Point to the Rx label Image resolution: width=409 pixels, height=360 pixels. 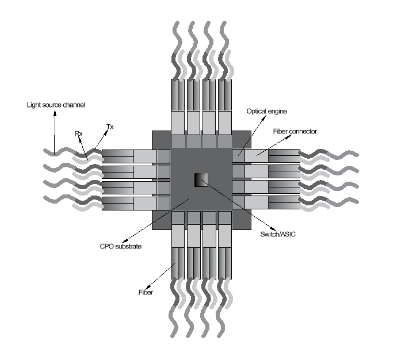coord(79,133)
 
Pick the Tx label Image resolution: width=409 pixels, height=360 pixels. coord(110,127)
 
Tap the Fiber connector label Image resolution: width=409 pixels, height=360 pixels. coord(295,131)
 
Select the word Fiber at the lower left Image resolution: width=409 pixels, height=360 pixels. coord(146,292)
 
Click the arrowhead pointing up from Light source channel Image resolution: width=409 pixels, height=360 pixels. coord(56,113)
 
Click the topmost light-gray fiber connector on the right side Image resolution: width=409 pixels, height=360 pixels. coord(257,156)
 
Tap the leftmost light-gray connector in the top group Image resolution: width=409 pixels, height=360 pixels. coord(179,121)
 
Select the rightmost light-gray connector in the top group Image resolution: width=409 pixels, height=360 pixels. coord(224,121)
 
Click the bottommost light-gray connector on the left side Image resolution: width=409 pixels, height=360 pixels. coord(145,203)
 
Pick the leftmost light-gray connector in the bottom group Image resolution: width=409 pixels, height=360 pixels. coord(179,234)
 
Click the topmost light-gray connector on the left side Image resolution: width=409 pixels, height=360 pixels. coord(145,156)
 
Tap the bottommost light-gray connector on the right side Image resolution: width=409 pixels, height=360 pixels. coord(257,202)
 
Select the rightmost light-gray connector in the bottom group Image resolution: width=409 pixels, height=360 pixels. coord(224,234)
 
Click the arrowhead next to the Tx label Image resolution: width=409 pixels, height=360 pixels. coord(108,132)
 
